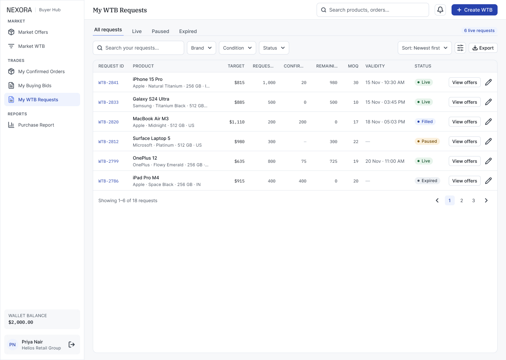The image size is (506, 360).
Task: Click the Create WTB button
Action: tap(474, 10)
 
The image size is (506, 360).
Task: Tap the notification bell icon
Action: tap(440, 10)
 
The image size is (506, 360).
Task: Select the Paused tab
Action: tap(160, 31)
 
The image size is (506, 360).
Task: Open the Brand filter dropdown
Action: tap(201, 48)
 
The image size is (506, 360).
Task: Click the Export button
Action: tap(483, 48)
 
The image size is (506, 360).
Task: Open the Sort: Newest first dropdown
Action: tap(425, 48)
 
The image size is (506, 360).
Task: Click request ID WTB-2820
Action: tap(109, 122)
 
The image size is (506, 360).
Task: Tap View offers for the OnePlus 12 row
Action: tap(465, 161)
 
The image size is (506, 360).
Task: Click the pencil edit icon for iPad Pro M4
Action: tap(488, 181)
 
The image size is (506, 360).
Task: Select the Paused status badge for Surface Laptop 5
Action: tap(427, 141)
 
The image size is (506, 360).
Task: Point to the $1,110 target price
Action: tap(237, 122)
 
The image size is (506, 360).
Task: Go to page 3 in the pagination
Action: tap(473, 201)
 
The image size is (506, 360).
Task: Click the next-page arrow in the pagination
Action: tap(486, 201)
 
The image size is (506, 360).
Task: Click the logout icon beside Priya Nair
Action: tap(72, 345)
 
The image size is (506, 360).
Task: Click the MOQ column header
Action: tap(353, 66)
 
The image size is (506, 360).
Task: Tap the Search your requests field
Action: tap(138, 48)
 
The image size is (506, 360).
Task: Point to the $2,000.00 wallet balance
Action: tap(21, 322)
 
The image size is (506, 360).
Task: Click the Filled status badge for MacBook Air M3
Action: tap(425, 122)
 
